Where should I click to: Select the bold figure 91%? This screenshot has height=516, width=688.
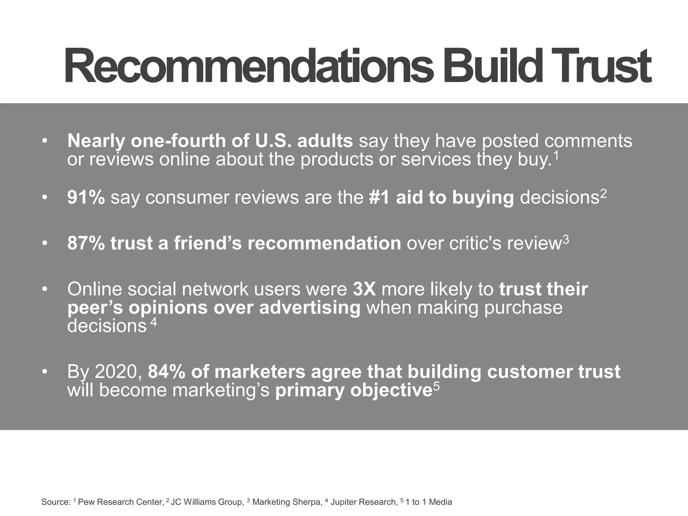tap(86, 197)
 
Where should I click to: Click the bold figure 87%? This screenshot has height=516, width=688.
tap(86, 243)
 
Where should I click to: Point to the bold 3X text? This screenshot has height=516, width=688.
tap(364, 289)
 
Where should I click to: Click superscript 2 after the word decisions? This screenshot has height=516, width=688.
tap(603, 194)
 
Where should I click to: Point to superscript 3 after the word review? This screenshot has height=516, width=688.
tap(566, 240)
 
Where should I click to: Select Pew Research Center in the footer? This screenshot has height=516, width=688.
tap(120, 502)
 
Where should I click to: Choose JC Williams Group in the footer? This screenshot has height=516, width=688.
tap(207, 502)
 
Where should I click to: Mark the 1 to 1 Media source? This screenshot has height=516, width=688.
tap(429, 502)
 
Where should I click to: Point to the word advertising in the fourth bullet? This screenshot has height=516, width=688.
tap(310, 308)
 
